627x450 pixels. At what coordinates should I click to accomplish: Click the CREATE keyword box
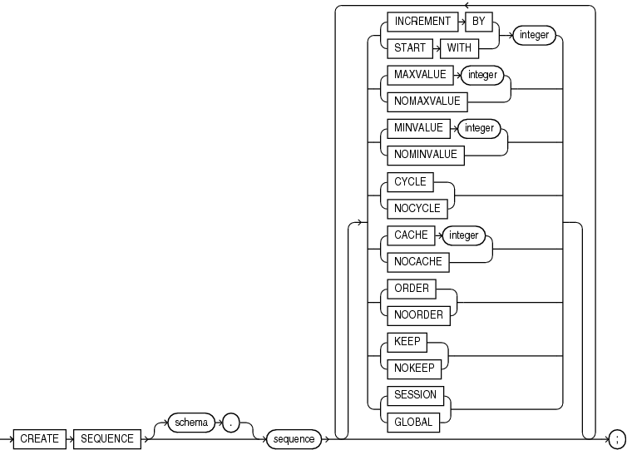(x=39, y=438)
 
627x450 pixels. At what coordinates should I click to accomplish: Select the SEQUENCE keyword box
(x=108, y=438)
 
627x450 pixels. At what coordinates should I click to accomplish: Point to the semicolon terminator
(x=616, y=438)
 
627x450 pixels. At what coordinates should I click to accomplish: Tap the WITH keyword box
(x=458, y=48)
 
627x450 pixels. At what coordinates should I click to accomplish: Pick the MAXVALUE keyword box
(x=416, y=75)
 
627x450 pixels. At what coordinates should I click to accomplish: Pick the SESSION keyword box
(x=413, y=395)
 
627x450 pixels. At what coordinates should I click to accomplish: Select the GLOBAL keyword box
(x=412, y=422)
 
